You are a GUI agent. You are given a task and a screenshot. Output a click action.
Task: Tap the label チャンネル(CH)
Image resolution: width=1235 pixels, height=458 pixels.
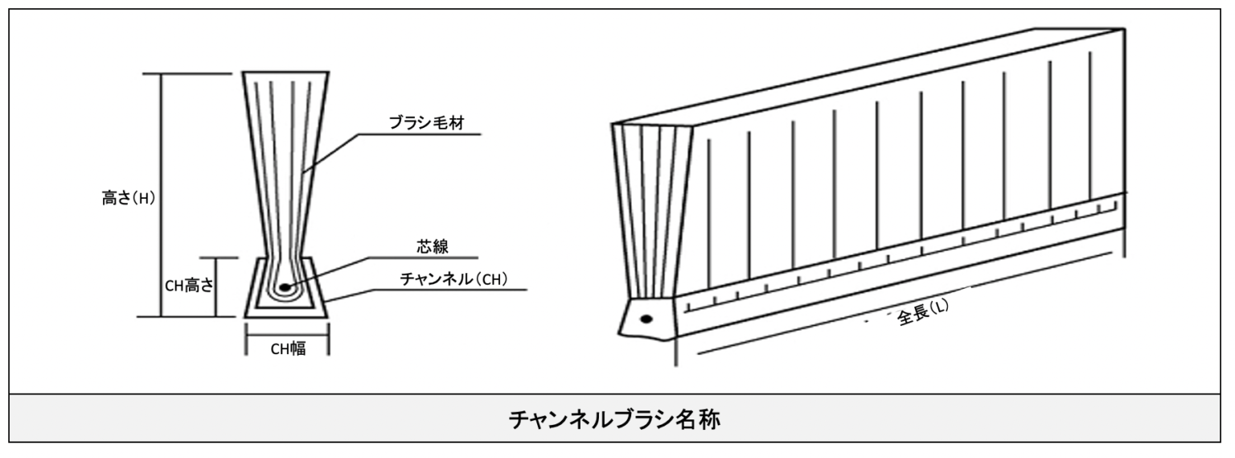(454, 279)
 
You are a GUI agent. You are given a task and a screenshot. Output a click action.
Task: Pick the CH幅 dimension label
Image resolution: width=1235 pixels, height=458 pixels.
(287, 349)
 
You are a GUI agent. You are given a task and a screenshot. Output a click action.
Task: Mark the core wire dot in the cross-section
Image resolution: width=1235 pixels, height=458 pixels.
(282, 286)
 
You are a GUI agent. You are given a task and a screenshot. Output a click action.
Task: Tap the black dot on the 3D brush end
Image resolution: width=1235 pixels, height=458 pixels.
(644, 319)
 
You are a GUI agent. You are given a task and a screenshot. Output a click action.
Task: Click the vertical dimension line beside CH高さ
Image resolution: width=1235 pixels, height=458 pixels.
(218, 287)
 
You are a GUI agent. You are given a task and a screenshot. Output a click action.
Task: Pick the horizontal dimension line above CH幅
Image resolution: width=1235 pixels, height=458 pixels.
(286, 335)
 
